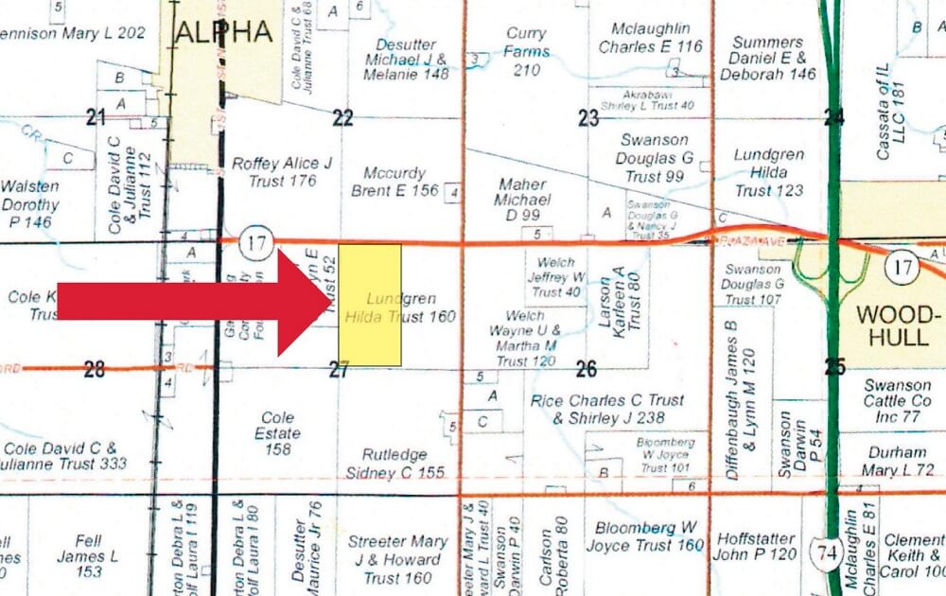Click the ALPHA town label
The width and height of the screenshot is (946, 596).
(x=223, y=32)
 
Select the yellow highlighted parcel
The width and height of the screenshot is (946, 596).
(x=370, y=305)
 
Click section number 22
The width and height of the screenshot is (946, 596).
(x=342, y=118)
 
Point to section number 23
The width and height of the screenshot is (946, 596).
(x=588, y=118)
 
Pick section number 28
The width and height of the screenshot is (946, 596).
(x=94, y=369)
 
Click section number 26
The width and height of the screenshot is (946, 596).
(x=587, y=369)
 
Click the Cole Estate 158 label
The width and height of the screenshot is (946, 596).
(x=278, y=433)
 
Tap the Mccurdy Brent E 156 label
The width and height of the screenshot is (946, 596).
(x=401, y=182)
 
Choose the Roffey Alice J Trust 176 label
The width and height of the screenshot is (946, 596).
(x=282, y=172)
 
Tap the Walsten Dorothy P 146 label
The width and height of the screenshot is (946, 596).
(x=30, y=204)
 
